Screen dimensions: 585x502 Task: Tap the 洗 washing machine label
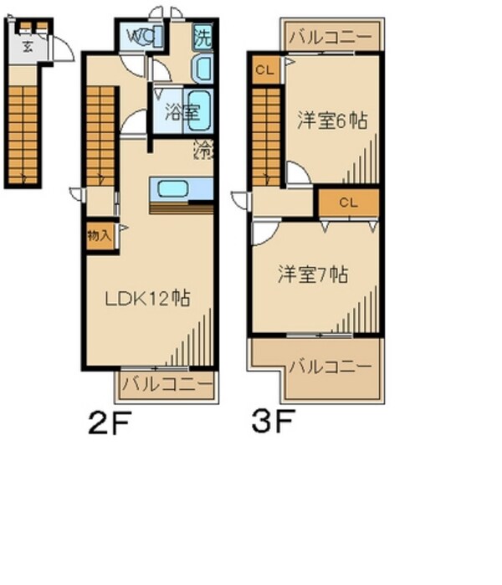point(202,37)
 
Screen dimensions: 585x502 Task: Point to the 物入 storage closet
point(98,235)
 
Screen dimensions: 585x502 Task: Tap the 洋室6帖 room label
point(331,121)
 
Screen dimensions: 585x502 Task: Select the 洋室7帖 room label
point(313,274)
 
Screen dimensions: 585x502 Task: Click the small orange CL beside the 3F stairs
point(263,69)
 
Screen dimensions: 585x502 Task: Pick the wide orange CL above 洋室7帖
point(348,202)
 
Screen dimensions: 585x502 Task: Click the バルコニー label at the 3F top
point(331,37)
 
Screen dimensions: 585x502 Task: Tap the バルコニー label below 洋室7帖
point(329,367)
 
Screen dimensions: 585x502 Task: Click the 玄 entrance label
point(28,46)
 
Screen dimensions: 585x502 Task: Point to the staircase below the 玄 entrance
point(23,130)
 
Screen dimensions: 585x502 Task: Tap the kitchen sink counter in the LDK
point(181,187)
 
